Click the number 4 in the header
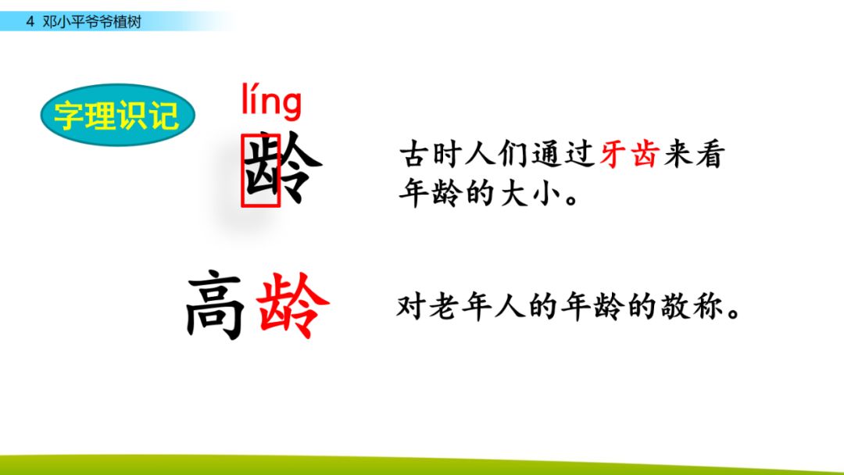30,22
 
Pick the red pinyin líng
270,102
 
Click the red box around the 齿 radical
260,170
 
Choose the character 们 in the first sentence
514,155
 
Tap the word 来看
696,155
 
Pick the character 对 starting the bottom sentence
410,306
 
